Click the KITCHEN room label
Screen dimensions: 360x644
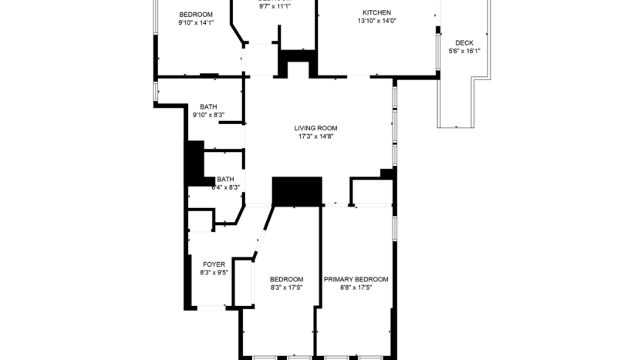(376, 12)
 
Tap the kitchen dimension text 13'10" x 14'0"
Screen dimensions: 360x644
(376, 22)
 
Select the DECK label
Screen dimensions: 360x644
(464, 42)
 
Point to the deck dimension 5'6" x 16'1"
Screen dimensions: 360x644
(464, 52)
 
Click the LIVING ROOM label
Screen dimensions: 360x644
(315, 128)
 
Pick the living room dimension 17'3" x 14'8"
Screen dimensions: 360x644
(315, 137)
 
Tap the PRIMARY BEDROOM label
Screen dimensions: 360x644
(356, 279)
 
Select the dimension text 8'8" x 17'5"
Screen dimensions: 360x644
(356, 288)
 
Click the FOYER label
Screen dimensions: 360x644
(214, 264)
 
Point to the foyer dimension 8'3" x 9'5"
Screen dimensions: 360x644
(214, 273)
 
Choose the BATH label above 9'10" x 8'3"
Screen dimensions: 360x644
(208, 106)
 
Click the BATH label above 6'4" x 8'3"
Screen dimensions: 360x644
(225, 178)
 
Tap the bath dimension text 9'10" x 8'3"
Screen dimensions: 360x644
(208, 116)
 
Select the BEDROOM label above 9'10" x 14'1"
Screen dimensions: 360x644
(195, 14)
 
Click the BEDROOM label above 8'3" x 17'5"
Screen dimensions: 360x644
(286, 279)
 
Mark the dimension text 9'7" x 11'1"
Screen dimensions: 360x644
(275, 5)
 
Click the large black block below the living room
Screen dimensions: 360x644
(297, 191)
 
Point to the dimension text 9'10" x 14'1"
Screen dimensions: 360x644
(195, 23)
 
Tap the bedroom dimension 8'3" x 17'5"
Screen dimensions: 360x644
(286, 288)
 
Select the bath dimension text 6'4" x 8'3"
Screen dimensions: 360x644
(225, 187)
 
